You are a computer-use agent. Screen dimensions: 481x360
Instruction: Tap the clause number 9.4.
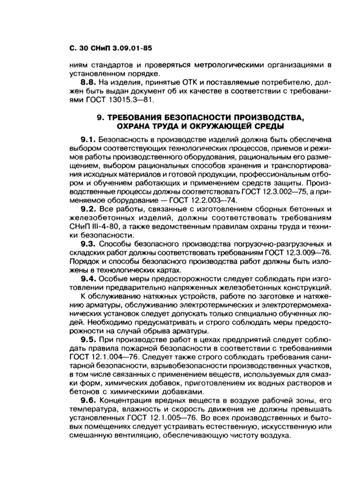click(x=89, y=278)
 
